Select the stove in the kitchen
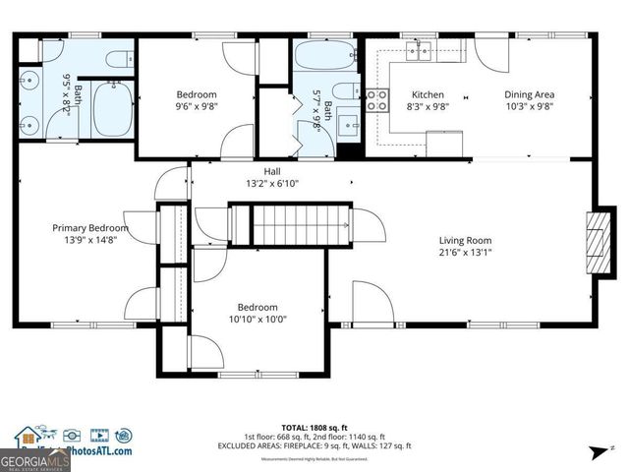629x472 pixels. click(x=377, y=98)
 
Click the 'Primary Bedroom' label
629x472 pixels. click(x=89, y=227)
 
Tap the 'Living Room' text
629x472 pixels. click(x=465, y=240)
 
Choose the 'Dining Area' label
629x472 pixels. click(x=529, y=95)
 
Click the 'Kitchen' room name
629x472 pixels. click(x=428, y=95)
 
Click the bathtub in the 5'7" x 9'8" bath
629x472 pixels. click(x=325, y=56)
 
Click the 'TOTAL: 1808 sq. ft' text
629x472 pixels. click(x=314, y=428)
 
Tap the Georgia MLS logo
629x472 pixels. click(x=34, y=459)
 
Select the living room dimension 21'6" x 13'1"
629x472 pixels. click(x=465, y=253)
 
